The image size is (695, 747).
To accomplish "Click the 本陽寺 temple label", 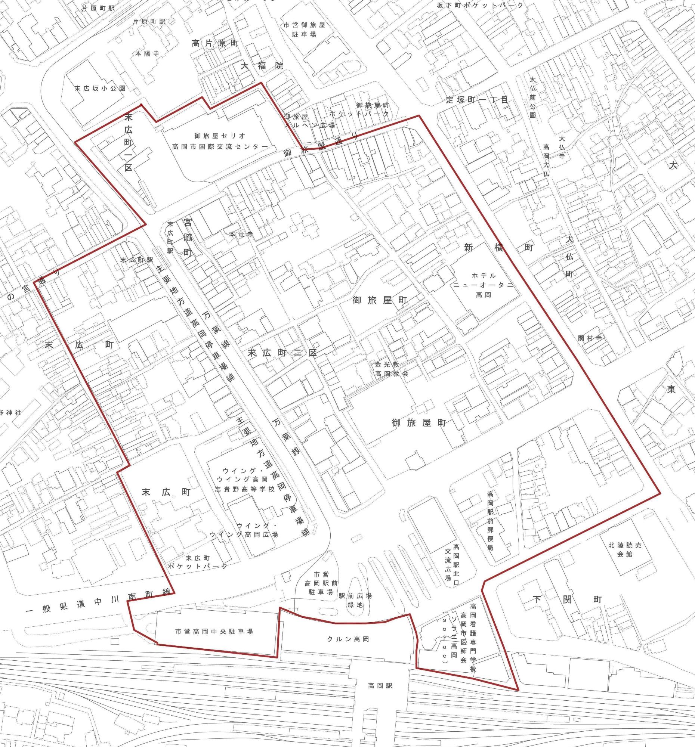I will [x=147, y=54].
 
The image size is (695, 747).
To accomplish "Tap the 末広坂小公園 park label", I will [x=100, y=89].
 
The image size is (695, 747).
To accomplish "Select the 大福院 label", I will [x=262, y=66].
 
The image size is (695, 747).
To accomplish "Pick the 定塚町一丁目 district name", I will [x=477, y=100].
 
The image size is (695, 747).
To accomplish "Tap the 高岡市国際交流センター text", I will [x=220, y=146].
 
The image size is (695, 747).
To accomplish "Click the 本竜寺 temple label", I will [x=241, y=235].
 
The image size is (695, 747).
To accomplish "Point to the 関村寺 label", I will [x=590, y=338].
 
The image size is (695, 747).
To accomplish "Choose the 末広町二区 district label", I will [x=282, y=353].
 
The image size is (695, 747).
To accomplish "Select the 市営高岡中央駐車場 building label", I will [x=214, y=632].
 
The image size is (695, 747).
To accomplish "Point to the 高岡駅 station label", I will [x=380, y=685].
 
